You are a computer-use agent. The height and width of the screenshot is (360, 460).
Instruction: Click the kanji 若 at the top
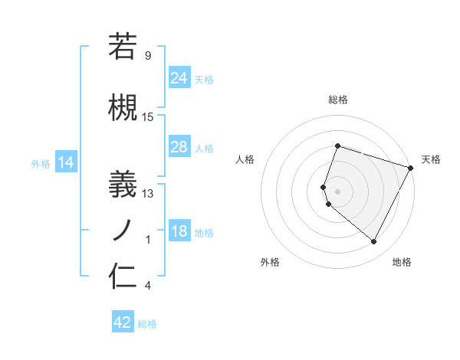tap(123, 47)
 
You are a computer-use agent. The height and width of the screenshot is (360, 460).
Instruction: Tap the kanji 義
tap(123, 182)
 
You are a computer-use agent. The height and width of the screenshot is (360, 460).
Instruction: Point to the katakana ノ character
tap(123, 228)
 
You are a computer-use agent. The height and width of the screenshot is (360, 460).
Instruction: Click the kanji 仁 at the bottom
tap(123, 276)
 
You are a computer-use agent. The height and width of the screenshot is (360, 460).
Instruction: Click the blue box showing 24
tap(179, 77)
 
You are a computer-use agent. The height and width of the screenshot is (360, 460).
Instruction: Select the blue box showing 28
tap(179, 147)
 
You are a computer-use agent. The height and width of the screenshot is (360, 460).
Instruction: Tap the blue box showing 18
tap(179, 231)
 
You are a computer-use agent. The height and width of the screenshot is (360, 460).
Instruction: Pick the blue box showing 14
tap(66, 162)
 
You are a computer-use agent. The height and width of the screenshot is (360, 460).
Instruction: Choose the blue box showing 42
tap(123, 322)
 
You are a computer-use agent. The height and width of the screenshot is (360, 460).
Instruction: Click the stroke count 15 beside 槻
tap(148, 117)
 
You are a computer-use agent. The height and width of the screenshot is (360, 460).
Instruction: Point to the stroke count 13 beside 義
tap(148, 194)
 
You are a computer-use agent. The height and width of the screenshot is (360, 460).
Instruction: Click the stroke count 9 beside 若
tap(148, 55)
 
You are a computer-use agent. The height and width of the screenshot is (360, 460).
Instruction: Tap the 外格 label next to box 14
tap(41, 163)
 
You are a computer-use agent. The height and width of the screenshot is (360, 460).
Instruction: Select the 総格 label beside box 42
tap(148, 323)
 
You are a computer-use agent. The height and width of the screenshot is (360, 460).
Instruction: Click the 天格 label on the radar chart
tap(431, 159)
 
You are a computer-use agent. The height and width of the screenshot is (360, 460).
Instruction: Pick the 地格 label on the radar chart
tap(402, 262)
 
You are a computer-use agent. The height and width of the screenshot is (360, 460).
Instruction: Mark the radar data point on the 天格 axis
tap(411, 168)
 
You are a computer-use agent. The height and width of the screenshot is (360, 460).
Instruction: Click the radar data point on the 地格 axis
tap(374, 242)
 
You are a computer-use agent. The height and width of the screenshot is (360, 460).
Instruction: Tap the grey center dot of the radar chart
tap(337, 191)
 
